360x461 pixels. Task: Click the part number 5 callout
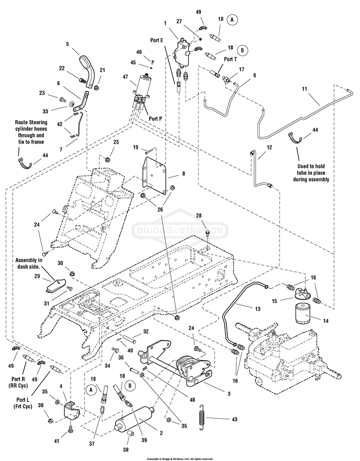pyautogui.click(x=67, y=44)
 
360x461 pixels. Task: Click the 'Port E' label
pyautogui.click(x=155, y=41)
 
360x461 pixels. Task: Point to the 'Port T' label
pyautogui.click(x=231, y=59)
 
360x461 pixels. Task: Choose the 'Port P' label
pyautogui.click(x=155, y=119)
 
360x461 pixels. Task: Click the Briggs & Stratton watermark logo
pyautogui.click(x=181, y=230)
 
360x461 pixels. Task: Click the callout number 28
pyautogui.click(x=205, y=216)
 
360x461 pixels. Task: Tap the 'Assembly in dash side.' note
pyautogui.click(x=29, y=263)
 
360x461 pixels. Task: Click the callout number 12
pyautogui.click(x=269, y=147)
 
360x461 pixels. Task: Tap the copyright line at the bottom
pyautogui.click(x=180, y=458)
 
